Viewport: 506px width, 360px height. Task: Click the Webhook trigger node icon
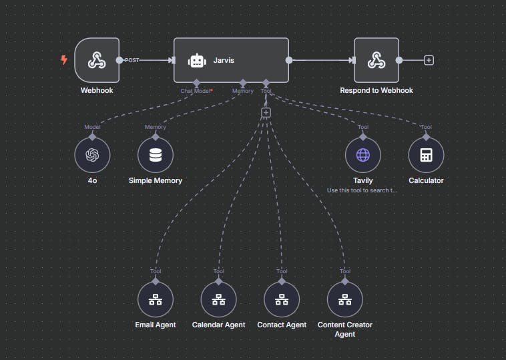(x=97, y=60)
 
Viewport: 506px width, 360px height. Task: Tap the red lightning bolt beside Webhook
(x=64, y=60)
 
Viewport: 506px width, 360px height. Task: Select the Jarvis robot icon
(x=196, y=60)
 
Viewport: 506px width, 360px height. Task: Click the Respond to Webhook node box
(x=376, y=60)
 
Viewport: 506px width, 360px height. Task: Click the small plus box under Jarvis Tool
(x=266, y=113)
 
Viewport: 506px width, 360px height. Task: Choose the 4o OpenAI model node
(x=92, y=155)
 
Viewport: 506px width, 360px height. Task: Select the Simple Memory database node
(x=155, y=155)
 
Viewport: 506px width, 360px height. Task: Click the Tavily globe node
(x=362, y=155)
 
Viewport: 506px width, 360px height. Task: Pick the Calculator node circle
(x=426, y=155)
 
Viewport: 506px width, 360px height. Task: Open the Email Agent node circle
(x=155, y=299)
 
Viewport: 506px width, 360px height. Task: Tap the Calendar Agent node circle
(x=218, y=299)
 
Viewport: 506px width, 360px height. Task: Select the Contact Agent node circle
(x=282, y=299)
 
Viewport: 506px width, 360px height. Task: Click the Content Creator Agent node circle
(x=344, y=299)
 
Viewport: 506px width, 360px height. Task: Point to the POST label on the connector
(x=132, y=60)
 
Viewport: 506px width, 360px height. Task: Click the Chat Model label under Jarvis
(x=196, y=91)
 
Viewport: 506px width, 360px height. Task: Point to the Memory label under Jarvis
(x=242, y=91)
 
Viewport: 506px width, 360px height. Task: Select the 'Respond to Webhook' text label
(x=376, y=91)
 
